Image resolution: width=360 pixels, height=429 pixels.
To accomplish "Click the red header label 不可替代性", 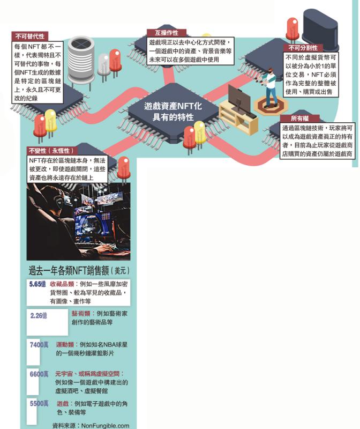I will tap(28, 37).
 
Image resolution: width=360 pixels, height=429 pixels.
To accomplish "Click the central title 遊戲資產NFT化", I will tap(173, 106).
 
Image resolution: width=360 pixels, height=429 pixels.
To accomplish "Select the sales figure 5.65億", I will tap(37, 284).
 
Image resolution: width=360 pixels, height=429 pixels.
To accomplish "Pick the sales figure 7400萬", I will tap(39, 345).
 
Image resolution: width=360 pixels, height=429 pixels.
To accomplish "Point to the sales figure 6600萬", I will tap(39, 374).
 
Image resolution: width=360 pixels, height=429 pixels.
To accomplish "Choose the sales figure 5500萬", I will tap(39, 403).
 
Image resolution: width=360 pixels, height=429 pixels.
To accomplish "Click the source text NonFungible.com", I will tap(105, 425).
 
